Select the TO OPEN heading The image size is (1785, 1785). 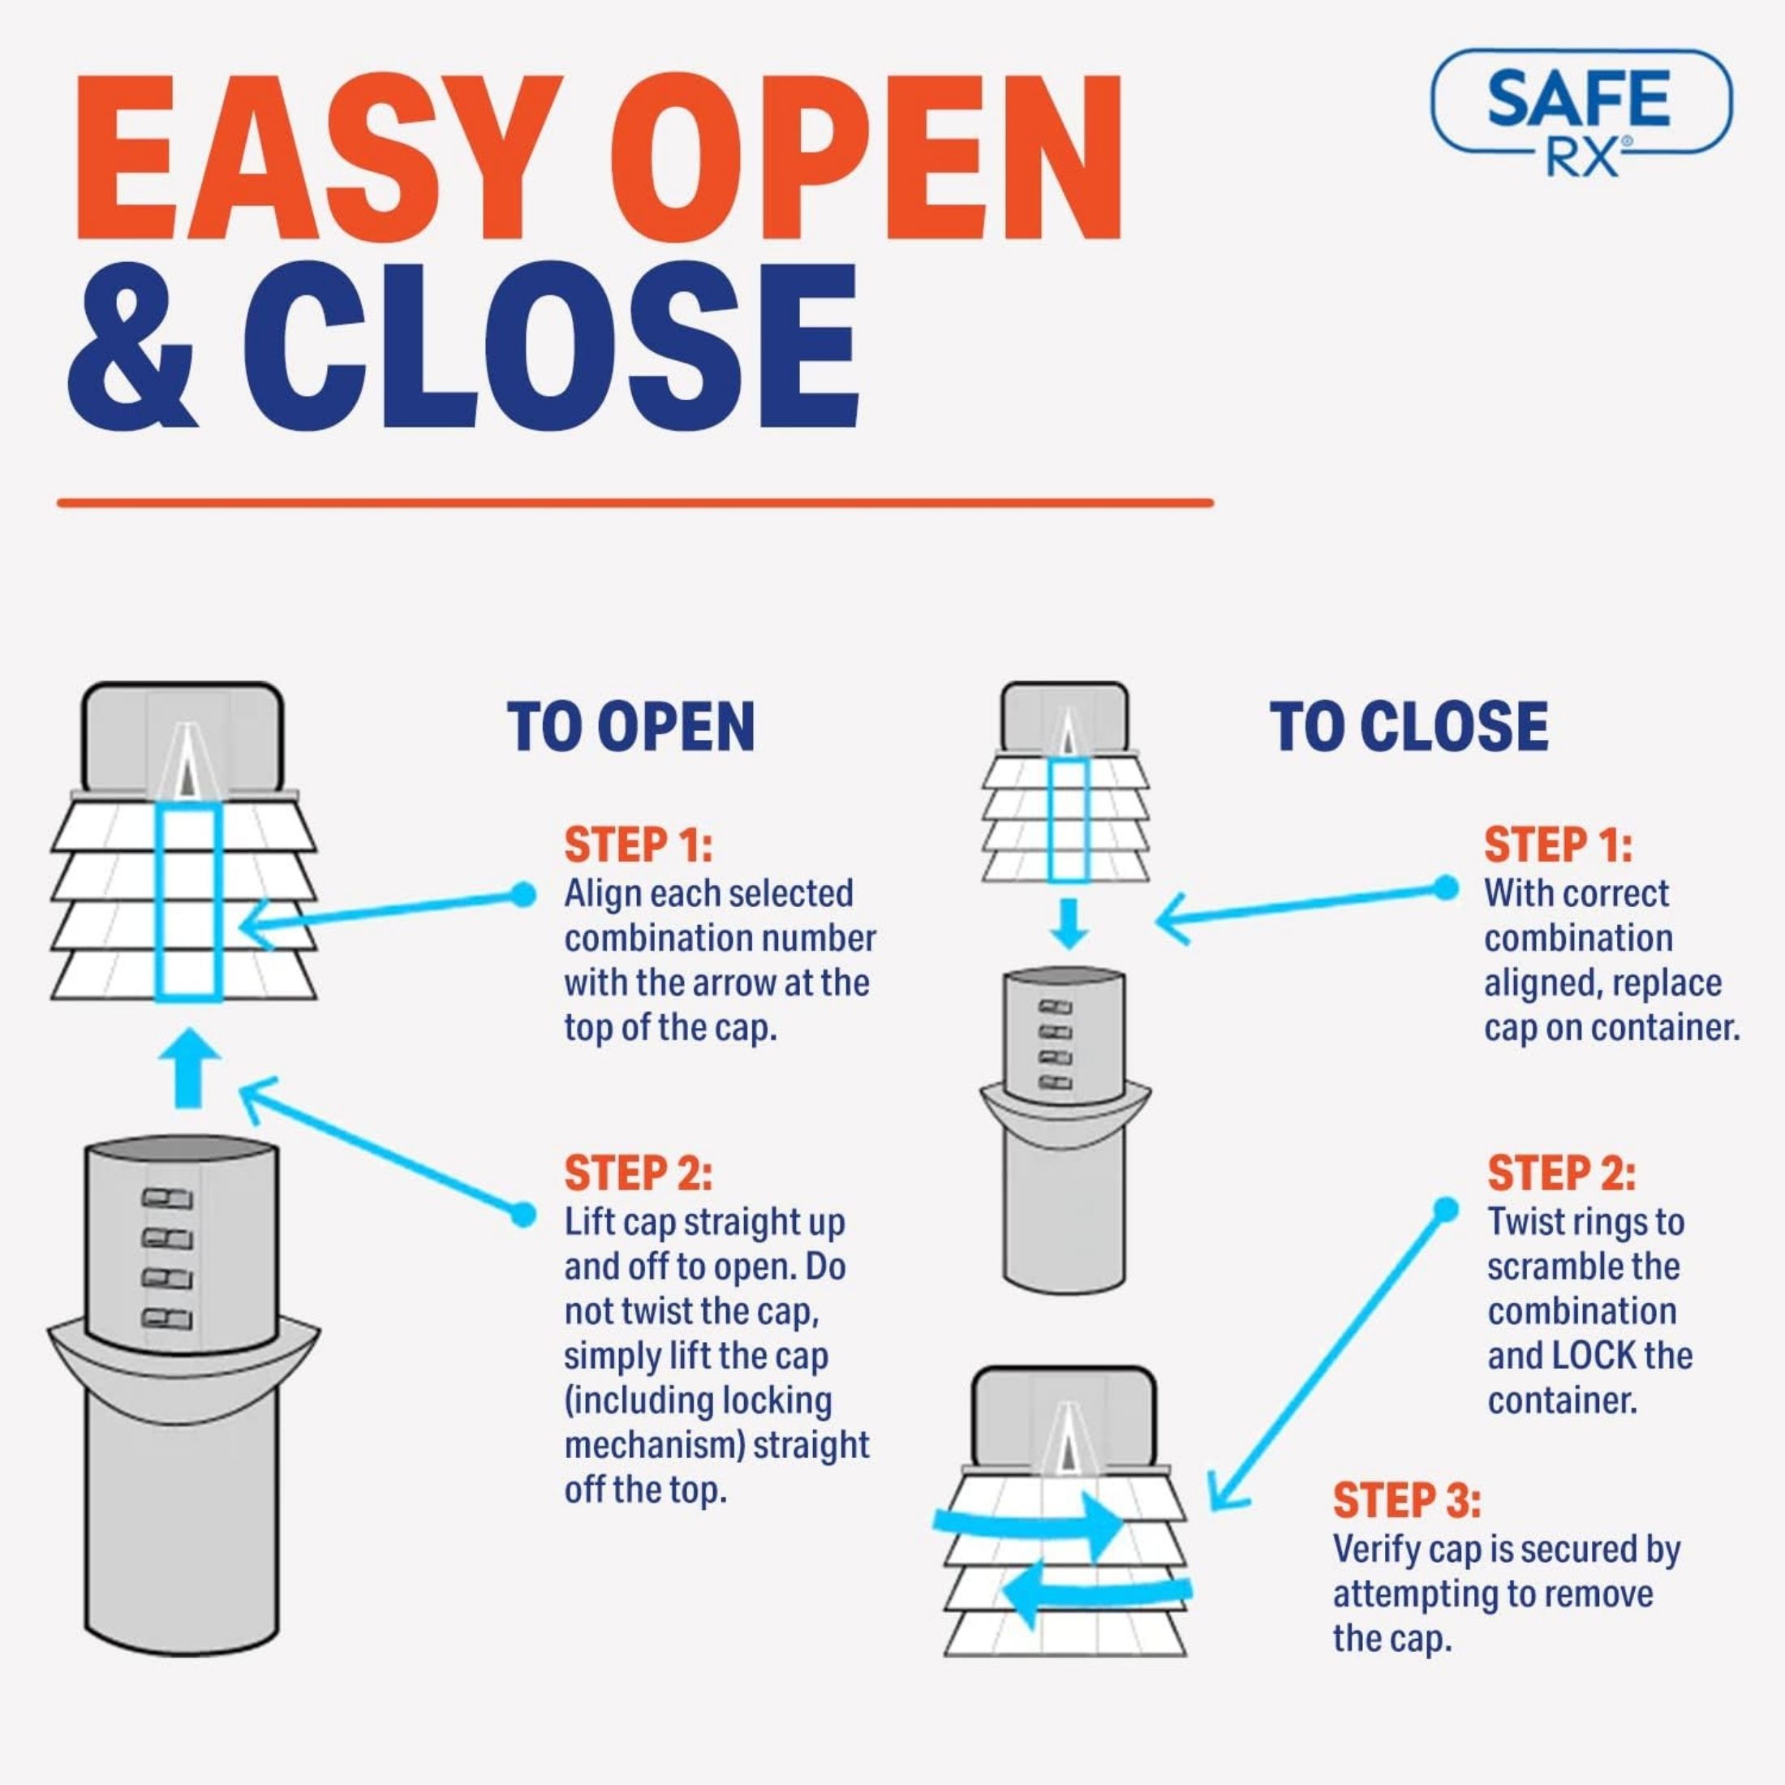point(631,727)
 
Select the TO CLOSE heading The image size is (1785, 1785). point(1409,727)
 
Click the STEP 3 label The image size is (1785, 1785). point(1406,1500)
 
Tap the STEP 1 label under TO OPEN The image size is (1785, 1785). point(639,845)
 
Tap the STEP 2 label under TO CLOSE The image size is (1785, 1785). point(1561,1173)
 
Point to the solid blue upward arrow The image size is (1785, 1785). point(188,1067)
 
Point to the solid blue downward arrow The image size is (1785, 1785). point(1069,924)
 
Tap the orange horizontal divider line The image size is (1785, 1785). point(634,502)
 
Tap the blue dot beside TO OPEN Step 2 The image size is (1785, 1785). point(523,1215)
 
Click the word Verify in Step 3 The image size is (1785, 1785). point(1374,1550)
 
